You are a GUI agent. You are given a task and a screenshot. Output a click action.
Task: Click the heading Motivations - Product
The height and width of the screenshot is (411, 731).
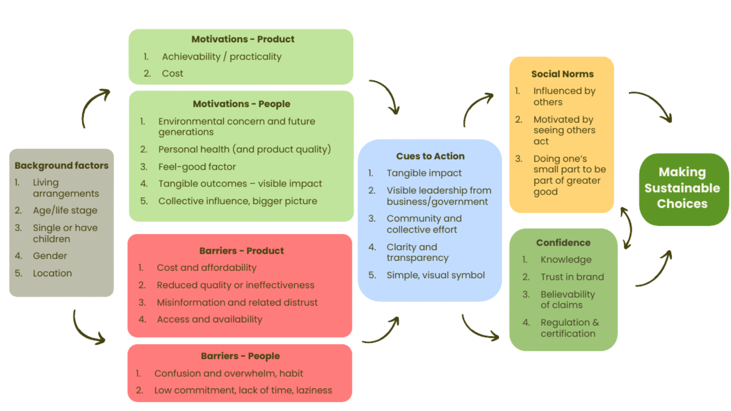pyautogui.click(x=243, y=39)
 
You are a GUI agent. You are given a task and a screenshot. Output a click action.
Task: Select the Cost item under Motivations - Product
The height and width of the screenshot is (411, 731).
pyautogui.click(x=172, y=73)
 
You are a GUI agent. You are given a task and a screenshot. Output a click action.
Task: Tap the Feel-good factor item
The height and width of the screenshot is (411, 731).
pyautogui.click(x=197, y=167)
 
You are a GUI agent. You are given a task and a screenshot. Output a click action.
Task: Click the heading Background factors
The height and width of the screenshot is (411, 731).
pyautogui.click(x=61, y=166)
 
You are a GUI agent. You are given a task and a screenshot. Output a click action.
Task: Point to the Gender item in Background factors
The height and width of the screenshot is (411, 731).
pyautogui.click(x=50, y=256)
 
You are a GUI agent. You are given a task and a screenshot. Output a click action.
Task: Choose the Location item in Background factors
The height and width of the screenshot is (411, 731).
pyautogui.click(x=52, y=273)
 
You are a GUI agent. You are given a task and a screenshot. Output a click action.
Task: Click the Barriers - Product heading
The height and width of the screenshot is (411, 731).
pyautogui.click(x=241, y=251)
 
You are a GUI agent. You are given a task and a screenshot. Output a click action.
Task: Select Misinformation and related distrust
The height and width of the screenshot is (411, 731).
pyautogui.click(x=237, y=303)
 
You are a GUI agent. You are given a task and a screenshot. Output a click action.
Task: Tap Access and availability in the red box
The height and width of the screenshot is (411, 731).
pyautogui.click(x=209, y=319)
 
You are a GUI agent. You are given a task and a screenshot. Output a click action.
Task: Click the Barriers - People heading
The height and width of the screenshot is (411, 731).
pyautogui.click(x=240, y=356)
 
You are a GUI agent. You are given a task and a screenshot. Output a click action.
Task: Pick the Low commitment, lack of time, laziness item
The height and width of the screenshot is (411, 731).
pyautogui.click(x=243, y=390)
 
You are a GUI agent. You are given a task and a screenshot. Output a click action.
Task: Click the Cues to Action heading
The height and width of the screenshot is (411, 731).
pyautogui.click(x=430, y=156)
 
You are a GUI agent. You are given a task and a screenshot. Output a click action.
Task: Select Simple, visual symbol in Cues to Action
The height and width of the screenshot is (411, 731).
pyautogui.click(x=436, y=275)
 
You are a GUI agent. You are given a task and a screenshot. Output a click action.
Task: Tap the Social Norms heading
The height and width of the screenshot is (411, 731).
pyautogui.click(x=562, y=74)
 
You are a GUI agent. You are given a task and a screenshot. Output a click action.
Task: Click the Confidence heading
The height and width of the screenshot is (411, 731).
pyautogui.click(x=563, y=243)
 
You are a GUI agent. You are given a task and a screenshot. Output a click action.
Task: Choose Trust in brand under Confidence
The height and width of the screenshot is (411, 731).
pyautogui.click(x=572, y=277)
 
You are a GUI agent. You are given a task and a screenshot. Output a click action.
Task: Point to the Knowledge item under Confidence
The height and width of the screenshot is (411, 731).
pyautogui.click(x=566, y=260)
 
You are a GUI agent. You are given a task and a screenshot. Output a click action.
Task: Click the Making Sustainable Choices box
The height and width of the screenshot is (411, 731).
pyautogui.click(x=682, y=188)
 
